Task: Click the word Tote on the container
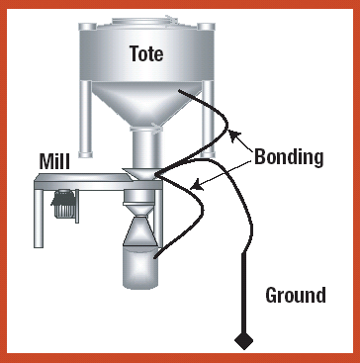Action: coord(146,53)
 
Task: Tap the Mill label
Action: coord(54,161)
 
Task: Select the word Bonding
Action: coord(289,158)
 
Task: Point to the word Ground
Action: coord(296,295)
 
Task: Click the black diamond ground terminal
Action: coord(244,340)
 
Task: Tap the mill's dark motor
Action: coord(63,204)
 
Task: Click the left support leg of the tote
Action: coord(86,119)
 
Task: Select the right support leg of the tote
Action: coord(209,119)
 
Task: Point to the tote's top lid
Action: coord(145,21)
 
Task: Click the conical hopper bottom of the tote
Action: coord(145,103)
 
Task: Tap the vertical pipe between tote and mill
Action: coord(145,147)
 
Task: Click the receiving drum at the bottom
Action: coord(140,267)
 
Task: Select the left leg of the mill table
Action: coord(39,219)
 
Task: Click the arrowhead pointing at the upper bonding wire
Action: coord(232,136)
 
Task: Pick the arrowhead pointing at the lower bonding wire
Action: coord(197,186)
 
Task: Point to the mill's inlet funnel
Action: coord(138,173)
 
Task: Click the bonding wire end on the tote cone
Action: coord(180,90)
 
